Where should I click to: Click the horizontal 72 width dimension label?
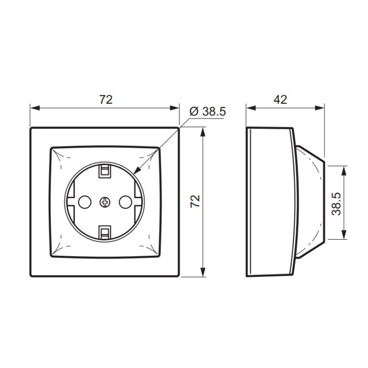pos(106,99)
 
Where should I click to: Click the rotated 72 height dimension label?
pos(195,201)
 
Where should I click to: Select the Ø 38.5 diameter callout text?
pos(207,111)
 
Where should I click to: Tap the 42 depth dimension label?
pos(280,99)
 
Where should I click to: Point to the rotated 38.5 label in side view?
pos(336,204)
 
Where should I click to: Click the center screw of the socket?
pos(105,202)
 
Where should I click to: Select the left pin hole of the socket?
pos(85,202)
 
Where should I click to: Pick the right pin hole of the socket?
pos(125,202)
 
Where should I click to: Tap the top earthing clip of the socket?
pos(105,171)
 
